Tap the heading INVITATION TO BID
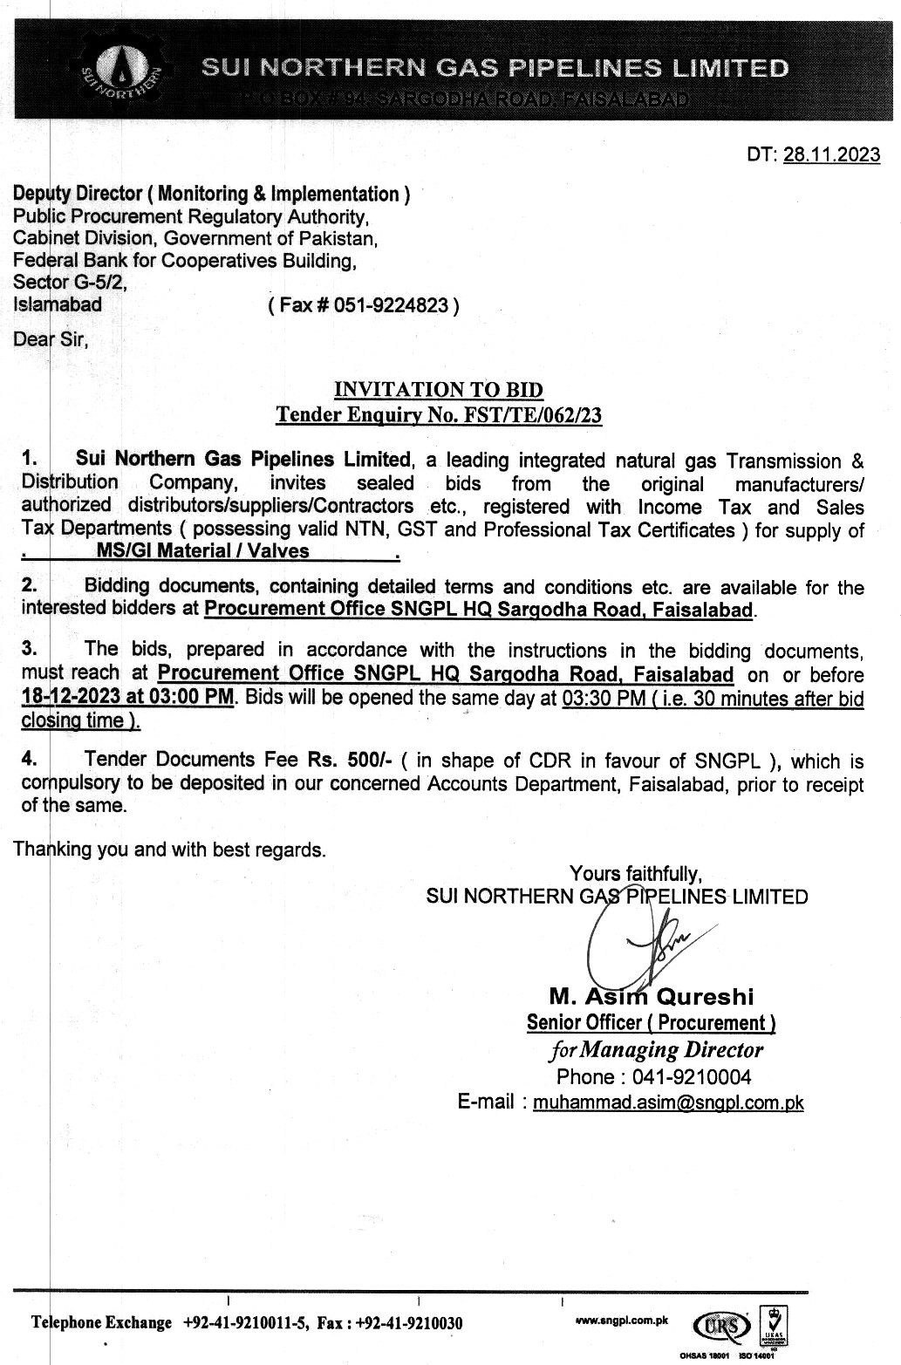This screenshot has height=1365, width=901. (439, 390)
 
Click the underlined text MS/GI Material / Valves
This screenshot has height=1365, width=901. (202, 550)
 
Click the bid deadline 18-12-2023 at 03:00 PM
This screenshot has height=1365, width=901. (128, 698)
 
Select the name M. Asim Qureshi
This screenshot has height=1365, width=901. (651, 996)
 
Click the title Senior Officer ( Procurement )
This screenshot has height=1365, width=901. (651, 1022)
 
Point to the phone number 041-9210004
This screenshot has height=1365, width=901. (699, 1076)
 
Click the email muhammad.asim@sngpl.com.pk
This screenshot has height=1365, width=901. (668, 1102)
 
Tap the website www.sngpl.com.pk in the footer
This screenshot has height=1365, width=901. (622, 1321)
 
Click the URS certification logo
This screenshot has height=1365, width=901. (720, 1327)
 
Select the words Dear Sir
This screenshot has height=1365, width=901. (51, 339)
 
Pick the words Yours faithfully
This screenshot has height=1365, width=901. (635, 873)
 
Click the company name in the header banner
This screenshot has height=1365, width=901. (495, 68)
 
